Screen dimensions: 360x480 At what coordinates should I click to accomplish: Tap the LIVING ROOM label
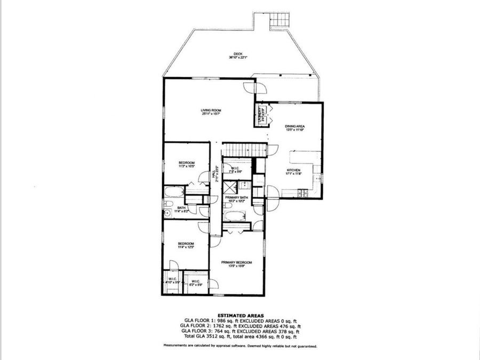tap(211, 110)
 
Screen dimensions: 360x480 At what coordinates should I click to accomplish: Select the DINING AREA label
tap(294, 126)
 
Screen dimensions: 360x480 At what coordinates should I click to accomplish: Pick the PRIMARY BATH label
tap(235, 197)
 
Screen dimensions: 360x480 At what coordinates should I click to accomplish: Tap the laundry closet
tap(261, 114)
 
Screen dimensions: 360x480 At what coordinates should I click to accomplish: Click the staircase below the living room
tap(243, 149)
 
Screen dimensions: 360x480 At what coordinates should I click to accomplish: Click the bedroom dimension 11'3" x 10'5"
tap(187, 166)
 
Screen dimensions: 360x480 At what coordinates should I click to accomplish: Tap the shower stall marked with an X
tap(229, 187)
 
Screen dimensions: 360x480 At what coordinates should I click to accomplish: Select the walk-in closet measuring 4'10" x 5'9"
tap(172, 281)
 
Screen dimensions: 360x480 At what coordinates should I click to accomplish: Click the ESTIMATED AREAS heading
tap(239, 316)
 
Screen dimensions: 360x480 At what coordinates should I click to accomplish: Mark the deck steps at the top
tap(279, 20)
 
